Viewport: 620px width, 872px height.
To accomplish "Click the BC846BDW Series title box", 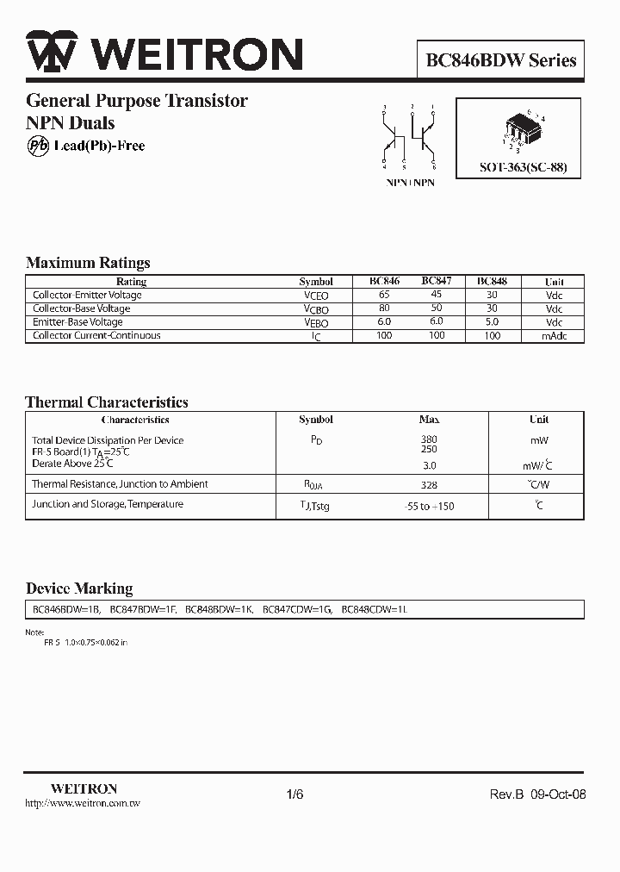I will pyautogui.click(x=500, y=61).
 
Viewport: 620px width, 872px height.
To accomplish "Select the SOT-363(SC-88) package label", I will pyautogui.click(x=523, y=168).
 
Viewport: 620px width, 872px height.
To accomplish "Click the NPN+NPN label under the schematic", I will pyautogui.click(x=410, y=183).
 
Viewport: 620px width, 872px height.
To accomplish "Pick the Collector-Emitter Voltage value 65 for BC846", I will pyautogui.click(x=385, y=295).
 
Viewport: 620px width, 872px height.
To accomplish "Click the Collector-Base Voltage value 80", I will pyautogui.click(x=385, y=308).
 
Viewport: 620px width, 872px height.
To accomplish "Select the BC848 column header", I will pyautogui.click(x=492, y=282).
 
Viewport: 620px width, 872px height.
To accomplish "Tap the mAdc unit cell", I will pyautogui.click(x=554, y=336).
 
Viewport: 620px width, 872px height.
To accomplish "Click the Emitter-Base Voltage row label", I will pyautogui.click(x=77, y=322).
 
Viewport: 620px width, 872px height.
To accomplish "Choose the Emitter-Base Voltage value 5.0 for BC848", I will pyautogui.click(x=492, y=322).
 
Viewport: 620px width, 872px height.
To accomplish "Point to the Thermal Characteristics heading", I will pyautogui.click(x=107, y=402).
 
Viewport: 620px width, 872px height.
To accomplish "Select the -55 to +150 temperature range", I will pyautogui.click(x=429, y=507).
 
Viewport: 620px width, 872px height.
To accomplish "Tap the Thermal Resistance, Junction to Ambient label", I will pyautogui.click(x=120, y=484).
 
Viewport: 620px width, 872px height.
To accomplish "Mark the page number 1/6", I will pyautogui.click(x=294, y=794).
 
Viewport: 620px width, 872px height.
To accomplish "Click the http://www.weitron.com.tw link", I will pyautogui.click(x=83, y=803).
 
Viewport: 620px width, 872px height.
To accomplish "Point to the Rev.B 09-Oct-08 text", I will pyautogui.click(x=538, y=794).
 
